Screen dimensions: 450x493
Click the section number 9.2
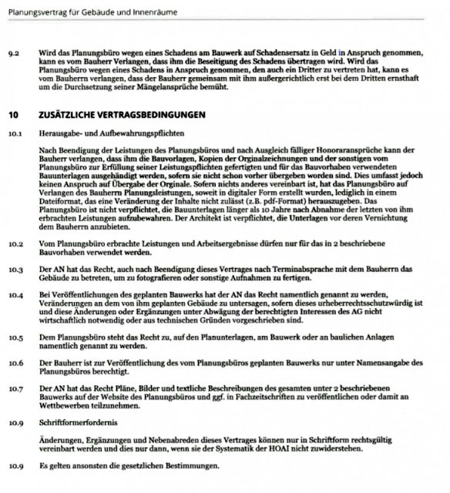point(13,56)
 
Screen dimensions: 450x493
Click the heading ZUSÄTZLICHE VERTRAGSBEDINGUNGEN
point(121,115)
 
